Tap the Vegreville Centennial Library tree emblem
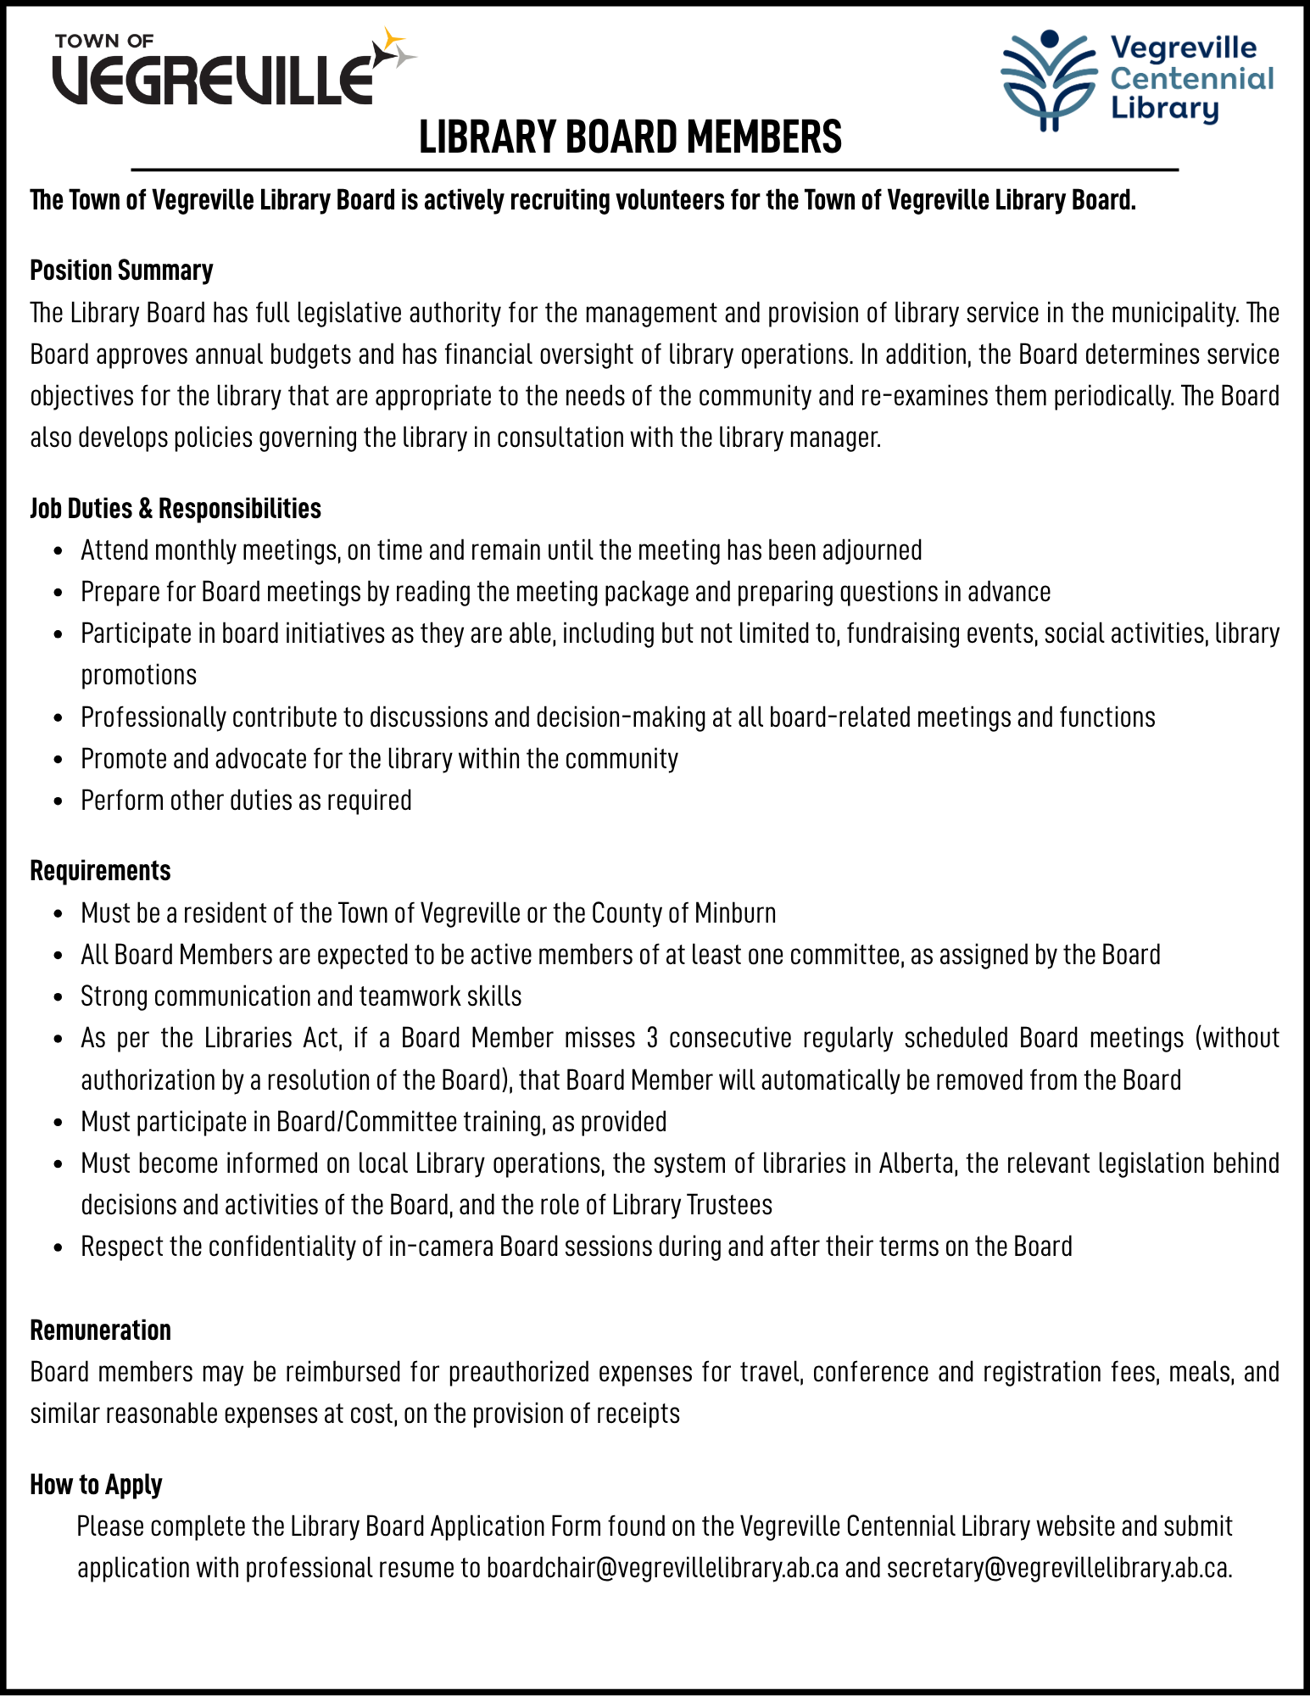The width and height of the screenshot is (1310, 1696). coord(1048,81)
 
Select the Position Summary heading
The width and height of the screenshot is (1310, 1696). coord(121,271)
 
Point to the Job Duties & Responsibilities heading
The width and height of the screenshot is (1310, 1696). coord(176,509)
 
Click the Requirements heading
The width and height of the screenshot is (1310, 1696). coord(100,871)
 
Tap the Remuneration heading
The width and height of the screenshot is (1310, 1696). coord(100,1331)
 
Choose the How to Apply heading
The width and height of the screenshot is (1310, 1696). coord(96,1485)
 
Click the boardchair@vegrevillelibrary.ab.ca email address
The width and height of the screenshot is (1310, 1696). coord(662,1568)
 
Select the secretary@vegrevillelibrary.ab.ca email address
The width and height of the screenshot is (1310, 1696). coord(1058,1568)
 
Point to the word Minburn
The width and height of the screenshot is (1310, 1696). coord(734,913)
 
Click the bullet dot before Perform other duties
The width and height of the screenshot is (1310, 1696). coord(58,801)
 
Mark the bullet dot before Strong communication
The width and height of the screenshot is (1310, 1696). coord(58,997)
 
